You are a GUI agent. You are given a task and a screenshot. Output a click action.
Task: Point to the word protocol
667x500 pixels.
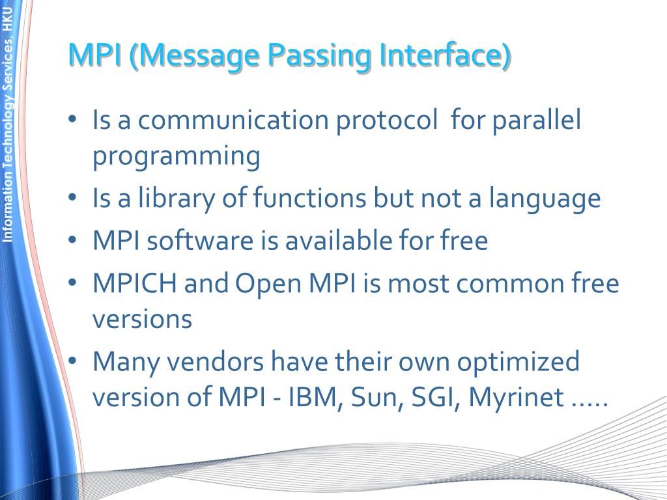[x=387, y=122]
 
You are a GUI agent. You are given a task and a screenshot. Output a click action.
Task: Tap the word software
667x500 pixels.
[x=199, y=241]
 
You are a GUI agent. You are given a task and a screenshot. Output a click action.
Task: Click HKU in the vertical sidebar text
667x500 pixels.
[x=8, y=20]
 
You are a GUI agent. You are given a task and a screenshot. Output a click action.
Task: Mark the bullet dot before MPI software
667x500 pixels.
[x=73, y=241]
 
